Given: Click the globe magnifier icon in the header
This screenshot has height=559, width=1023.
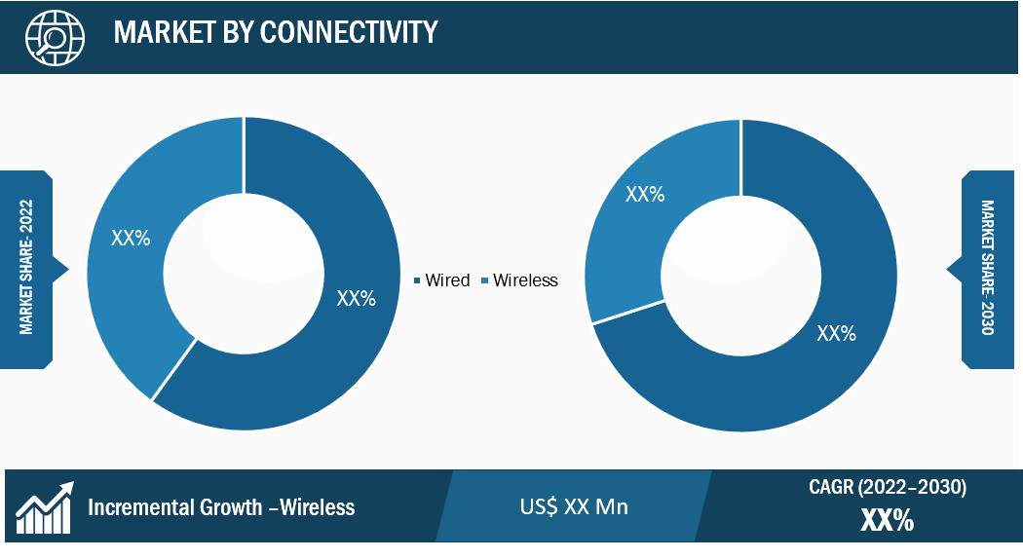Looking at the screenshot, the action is tap(55, 37).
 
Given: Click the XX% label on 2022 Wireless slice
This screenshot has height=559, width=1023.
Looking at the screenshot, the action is tap(131, 238).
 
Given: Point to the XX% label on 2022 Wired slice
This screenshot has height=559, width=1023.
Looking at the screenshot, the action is tap(357, 298).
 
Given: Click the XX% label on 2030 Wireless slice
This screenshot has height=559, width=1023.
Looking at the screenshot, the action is tap(645, 194).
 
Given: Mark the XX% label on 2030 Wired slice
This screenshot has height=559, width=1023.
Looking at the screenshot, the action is tap(836, 333).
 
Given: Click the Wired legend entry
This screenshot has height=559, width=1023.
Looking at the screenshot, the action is tap(441, 280).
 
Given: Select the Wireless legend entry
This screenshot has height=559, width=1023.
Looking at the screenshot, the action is tap(519, 280).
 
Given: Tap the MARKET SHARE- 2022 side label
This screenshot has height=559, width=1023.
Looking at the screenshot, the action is tap(26, 268).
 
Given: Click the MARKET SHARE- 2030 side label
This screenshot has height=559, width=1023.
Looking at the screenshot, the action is tap(987, 268).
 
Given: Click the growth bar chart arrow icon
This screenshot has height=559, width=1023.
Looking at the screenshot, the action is tap(45, 508).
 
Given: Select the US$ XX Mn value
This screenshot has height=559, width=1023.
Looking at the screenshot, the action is tap(574, 506).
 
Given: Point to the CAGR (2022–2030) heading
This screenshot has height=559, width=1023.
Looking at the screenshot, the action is tap(888, 487).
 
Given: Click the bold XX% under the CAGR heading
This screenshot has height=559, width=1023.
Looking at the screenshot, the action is tap(888, 520).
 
